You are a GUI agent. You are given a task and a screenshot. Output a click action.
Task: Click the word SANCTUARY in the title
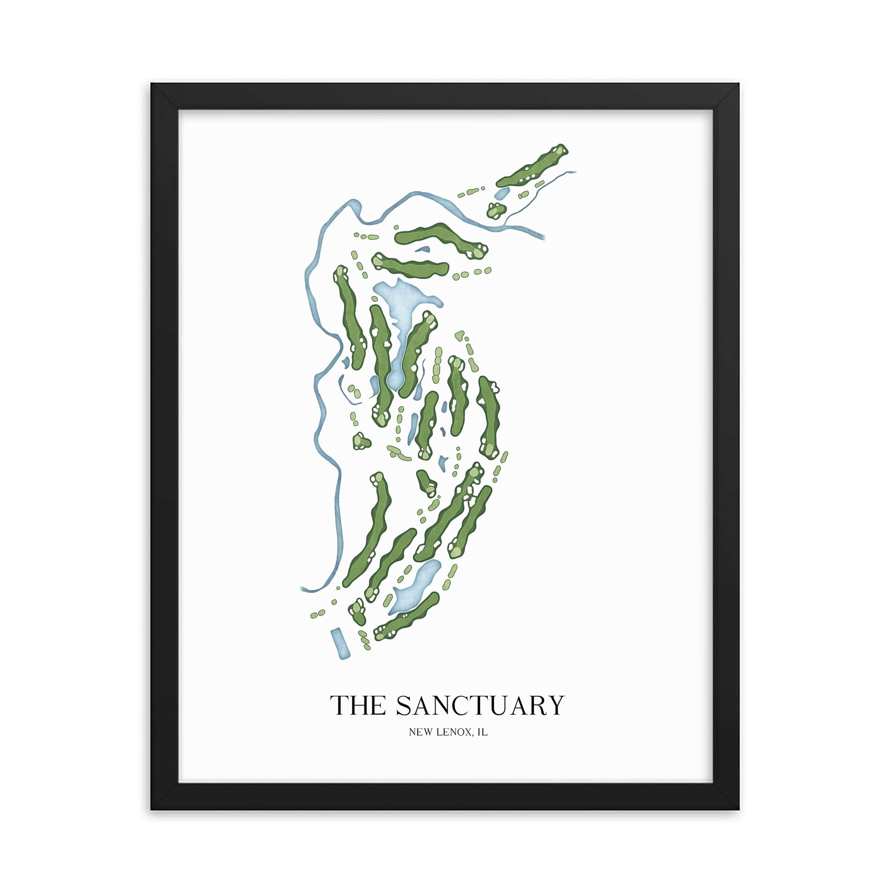(480, 705)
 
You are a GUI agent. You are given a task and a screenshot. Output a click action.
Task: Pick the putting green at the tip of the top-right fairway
(560, 151)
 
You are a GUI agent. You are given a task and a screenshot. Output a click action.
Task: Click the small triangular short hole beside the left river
(361, 441)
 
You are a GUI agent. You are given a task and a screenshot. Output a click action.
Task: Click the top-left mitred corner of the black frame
(165, 97)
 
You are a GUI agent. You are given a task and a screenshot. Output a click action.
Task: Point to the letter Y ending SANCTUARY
(556, 705)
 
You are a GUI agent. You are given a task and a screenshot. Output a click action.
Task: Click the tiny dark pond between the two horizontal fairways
(422, 250)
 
